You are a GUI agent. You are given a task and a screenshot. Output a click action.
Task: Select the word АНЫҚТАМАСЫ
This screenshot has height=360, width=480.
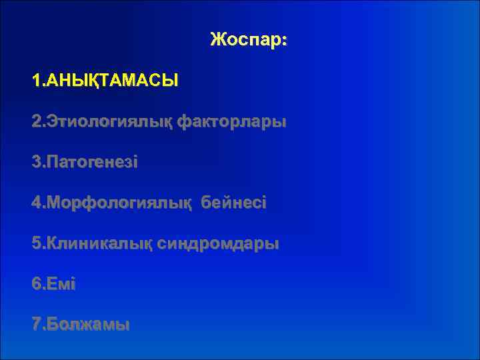click(111, 82)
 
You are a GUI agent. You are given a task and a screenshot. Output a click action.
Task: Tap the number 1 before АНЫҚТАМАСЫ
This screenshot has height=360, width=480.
click(35, 82)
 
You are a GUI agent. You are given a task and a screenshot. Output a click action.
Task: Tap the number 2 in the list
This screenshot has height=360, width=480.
click(35, 123)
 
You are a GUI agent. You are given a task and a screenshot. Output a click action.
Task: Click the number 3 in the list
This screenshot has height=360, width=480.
click(35, 163)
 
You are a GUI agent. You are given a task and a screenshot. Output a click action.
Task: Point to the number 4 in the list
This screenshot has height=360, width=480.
click(35, 203)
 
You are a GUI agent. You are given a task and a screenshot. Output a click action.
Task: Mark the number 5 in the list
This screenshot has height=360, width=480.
click(35, 244)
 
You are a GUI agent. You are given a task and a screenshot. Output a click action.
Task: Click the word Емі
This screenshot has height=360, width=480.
click(61, 285)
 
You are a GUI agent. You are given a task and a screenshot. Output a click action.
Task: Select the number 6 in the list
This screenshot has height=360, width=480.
click(35, 285)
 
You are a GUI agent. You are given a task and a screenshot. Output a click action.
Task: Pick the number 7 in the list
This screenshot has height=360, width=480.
click(35, 325)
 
